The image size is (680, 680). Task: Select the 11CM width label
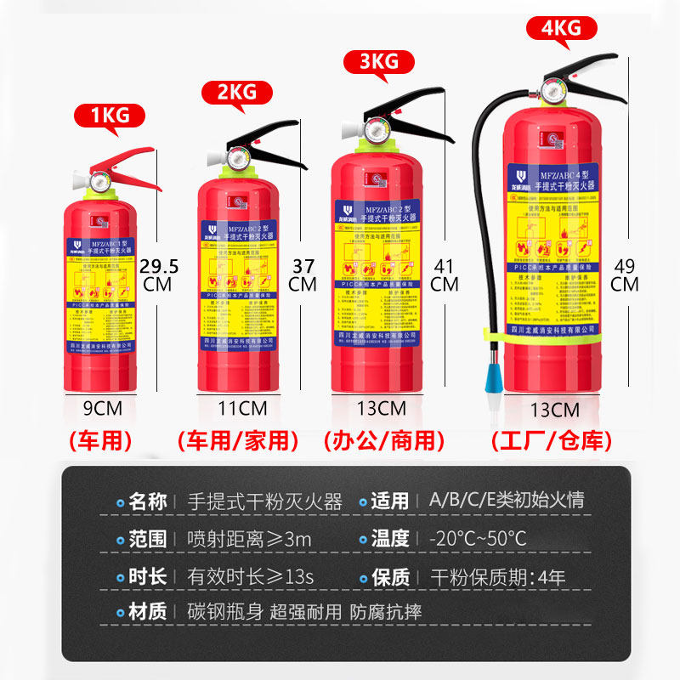coord(237,407)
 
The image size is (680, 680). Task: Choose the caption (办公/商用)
coord(385,441)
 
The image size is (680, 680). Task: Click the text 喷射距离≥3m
coord(249,539)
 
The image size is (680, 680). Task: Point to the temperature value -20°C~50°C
coord(478,539)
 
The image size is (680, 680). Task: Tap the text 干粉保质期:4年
coord(497,576)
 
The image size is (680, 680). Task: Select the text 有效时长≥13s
coord(251,576)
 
